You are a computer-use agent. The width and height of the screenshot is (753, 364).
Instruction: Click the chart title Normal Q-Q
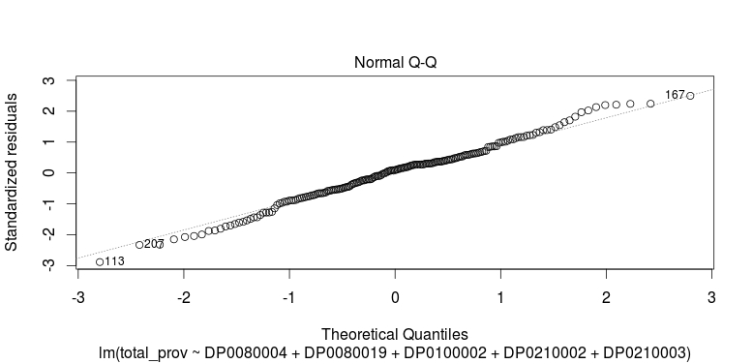(x=395, y=63)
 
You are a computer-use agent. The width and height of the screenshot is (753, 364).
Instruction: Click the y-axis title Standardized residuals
(x=13, y=172)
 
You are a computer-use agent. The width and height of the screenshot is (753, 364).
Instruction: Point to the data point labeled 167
(x=690, y=96)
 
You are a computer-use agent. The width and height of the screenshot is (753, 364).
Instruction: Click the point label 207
(x=153, y=243)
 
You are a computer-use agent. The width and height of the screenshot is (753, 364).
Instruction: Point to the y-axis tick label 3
(x=47, y=80)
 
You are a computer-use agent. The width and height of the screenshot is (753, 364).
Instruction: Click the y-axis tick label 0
(x=47, y=172)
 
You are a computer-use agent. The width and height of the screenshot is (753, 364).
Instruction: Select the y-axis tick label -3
(x=47, y=264)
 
